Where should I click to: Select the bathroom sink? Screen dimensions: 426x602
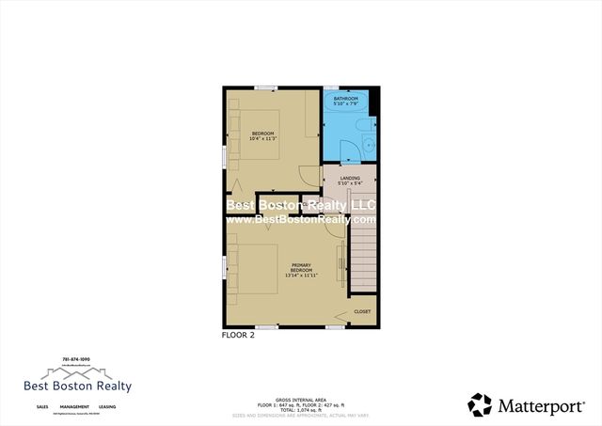(x=369, y=146)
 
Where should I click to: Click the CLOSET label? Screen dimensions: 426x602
(x=362, y=311)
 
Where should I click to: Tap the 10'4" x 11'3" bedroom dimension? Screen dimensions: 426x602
(x=262, y=139)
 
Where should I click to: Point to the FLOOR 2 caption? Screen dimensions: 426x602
(x=239, y=334)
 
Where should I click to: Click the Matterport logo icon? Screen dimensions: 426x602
(x=480, y=404)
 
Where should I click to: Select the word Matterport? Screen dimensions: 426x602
(x=539, y=405)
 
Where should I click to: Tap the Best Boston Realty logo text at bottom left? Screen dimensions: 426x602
(x=77, y=386)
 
